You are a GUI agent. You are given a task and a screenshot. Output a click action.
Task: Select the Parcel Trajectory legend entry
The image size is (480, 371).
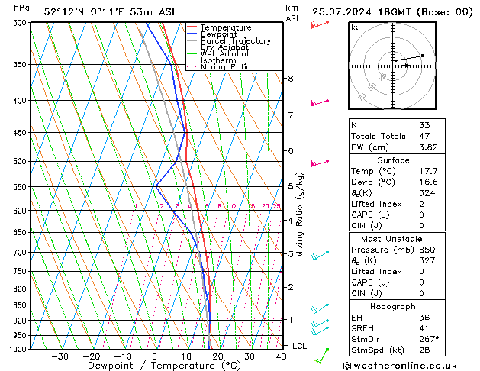pyautogui.click(x=235, y=41)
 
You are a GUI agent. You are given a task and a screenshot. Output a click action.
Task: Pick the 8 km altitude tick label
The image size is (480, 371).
pyautogui.click(x=290, y=79)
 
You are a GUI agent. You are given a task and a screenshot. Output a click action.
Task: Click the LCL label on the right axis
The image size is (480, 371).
pyautogui.click(x=300, y=346)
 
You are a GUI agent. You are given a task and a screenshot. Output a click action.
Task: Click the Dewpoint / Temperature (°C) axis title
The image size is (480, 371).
pyautogui.click(x=153, y=366)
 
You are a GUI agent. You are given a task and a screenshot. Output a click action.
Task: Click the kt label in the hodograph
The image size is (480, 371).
pyautogui.click(x=354, y=27)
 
